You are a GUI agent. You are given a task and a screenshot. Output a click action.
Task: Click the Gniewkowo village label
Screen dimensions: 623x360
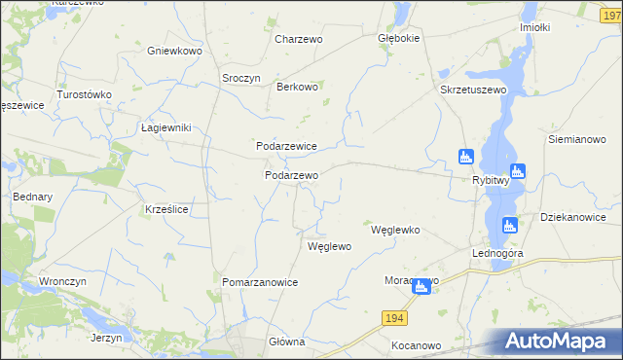(x=173, y=50)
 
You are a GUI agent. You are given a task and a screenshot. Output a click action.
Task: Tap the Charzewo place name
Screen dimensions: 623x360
(x=298, y=39)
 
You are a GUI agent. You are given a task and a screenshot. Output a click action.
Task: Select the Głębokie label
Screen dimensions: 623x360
(x=398, y=39)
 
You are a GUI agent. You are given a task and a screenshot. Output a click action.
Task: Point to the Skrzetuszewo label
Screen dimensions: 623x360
(x=475, y=90)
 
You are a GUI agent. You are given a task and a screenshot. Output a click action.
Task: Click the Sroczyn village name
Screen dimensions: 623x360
(x=241, y=79)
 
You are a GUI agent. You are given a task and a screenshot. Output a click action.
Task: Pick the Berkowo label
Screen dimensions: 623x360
(x=298, y=87)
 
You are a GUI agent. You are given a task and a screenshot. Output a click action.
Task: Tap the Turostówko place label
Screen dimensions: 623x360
(x=85, y=94)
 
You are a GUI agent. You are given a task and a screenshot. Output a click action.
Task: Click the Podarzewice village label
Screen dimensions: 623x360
(x=286, y=145)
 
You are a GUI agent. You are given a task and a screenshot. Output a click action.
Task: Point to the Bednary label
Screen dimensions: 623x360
(x=32, y=196)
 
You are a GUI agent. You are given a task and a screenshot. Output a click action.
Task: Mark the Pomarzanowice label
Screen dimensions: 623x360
(x=260, y=281)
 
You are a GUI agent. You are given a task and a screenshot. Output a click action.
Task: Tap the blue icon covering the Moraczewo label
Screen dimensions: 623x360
(x=421, y=286)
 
